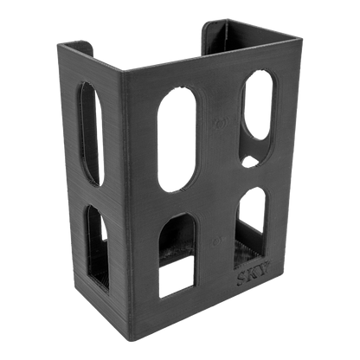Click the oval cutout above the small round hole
pos(258,104)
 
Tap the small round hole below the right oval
pos(251,161)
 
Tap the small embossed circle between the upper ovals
pos(224,122)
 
